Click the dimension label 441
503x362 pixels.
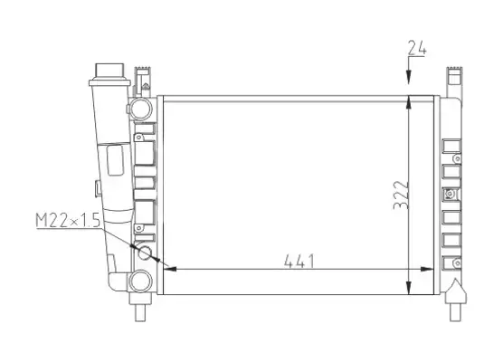[x=299, y=261]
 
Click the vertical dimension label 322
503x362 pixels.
[x=401, y=195]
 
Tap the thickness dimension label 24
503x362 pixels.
[x=417, y=48]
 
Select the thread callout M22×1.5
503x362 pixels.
[x=68, y=221]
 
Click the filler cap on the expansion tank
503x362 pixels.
[x=109, y=71]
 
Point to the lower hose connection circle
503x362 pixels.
[x=140, y=281]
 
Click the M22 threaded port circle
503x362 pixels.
[x=145, y=252]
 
